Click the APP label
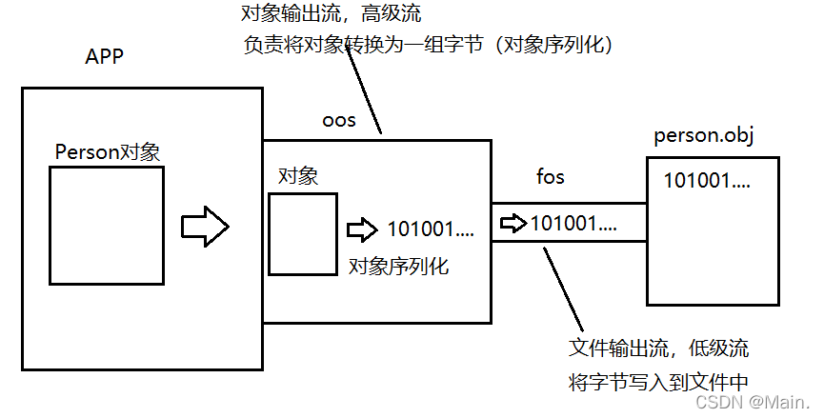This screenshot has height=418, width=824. (105, 57)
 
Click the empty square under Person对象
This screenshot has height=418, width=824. (107, 226)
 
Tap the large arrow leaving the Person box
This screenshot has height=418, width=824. (206, 227)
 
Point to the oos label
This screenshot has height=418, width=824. (339, 120)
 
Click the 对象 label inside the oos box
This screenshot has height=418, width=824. (297, 176)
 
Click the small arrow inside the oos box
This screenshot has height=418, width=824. (362, 230)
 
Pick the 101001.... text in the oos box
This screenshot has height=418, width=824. (431, 230)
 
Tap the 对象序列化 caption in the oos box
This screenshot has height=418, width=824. (399, 266)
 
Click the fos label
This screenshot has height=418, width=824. (551, 177)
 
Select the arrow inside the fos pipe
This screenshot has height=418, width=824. (513, 224)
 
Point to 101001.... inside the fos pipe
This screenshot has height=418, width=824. (573, 224)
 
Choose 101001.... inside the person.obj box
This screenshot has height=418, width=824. (707, 179)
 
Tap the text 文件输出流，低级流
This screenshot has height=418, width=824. (665, 348)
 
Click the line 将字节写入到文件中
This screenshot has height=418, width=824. (657, 382)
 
